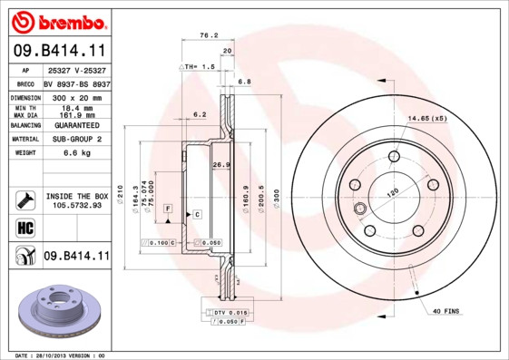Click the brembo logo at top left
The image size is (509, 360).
(56, 21)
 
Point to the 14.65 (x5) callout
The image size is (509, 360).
(427, 119)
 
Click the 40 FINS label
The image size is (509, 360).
(445, 312)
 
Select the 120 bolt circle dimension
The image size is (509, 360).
(394, 193)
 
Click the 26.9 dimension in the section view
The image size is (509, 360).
(219, 165)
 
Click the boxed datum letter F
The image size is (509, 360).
(168, 209)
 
